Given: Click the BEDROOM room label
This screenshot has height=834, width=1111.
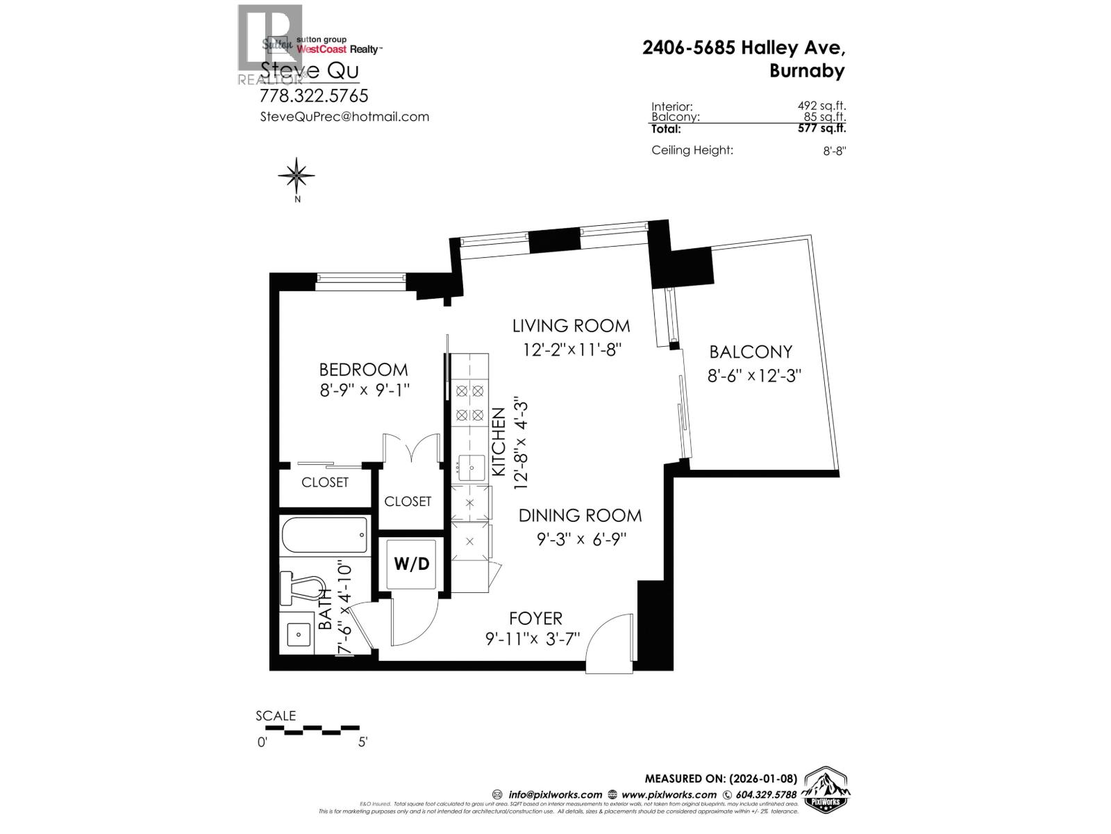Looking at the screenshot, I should click(363, 369).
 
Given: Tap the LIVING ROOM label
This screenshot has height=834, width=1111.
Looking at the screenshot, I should click(571, 325).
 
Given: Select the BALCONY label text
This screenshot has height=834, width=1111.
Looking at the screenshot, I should click(751, 352).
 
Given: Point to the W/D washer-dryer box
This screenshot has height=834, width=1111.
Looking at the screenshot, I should click(412, 564).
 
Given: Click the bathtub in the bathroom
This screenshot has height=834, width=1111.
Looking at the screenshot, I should click(324, 535).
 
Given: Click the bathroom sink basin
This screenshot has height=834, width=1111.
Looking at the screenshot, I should click(298, 634).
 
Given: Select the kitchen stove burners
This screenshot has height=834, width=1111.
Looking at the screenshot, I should click(469, 403).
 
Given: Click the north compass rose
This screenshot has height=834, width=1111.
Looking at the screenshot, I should click(296, 176).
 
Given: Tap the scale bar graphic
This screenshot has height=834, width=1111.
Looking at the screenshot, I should click(312, 730).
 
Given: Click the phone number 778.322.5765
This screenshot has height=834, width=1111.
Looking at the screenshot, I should click(314, 95).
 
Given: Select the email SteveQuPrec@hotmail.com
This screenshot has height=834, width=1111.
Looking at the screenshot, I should click(344, 117).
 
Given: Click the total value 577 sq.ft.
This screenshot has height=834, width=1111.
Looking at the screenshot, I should click(822, 128).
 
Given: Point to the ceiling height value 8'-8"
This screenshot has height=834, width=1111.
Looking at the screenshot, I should click(834, 151).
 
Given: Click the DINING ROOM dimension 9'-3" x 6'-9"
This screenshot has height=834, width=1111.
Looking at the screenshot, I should click(582, 539).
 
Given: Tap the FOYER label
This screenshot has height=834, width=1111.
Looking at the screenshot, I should click(535, 618).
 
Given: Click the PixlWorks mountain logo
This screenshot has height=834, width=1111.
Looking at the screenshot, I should click(827, 790).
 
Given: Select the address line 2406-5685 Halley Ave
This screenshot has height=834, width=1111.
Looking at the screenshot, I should click(744, 48).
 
